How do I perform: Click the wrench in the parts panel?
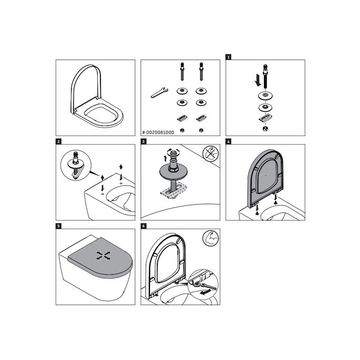159,92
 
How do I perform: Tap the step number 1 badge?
228,56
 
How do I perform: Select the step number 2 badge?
58,141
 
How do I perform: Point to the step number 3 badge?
143,141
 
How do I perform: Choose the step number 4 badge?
228,141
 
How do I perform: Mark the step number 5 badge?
58,226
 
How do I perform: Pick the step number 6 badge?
143,226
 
